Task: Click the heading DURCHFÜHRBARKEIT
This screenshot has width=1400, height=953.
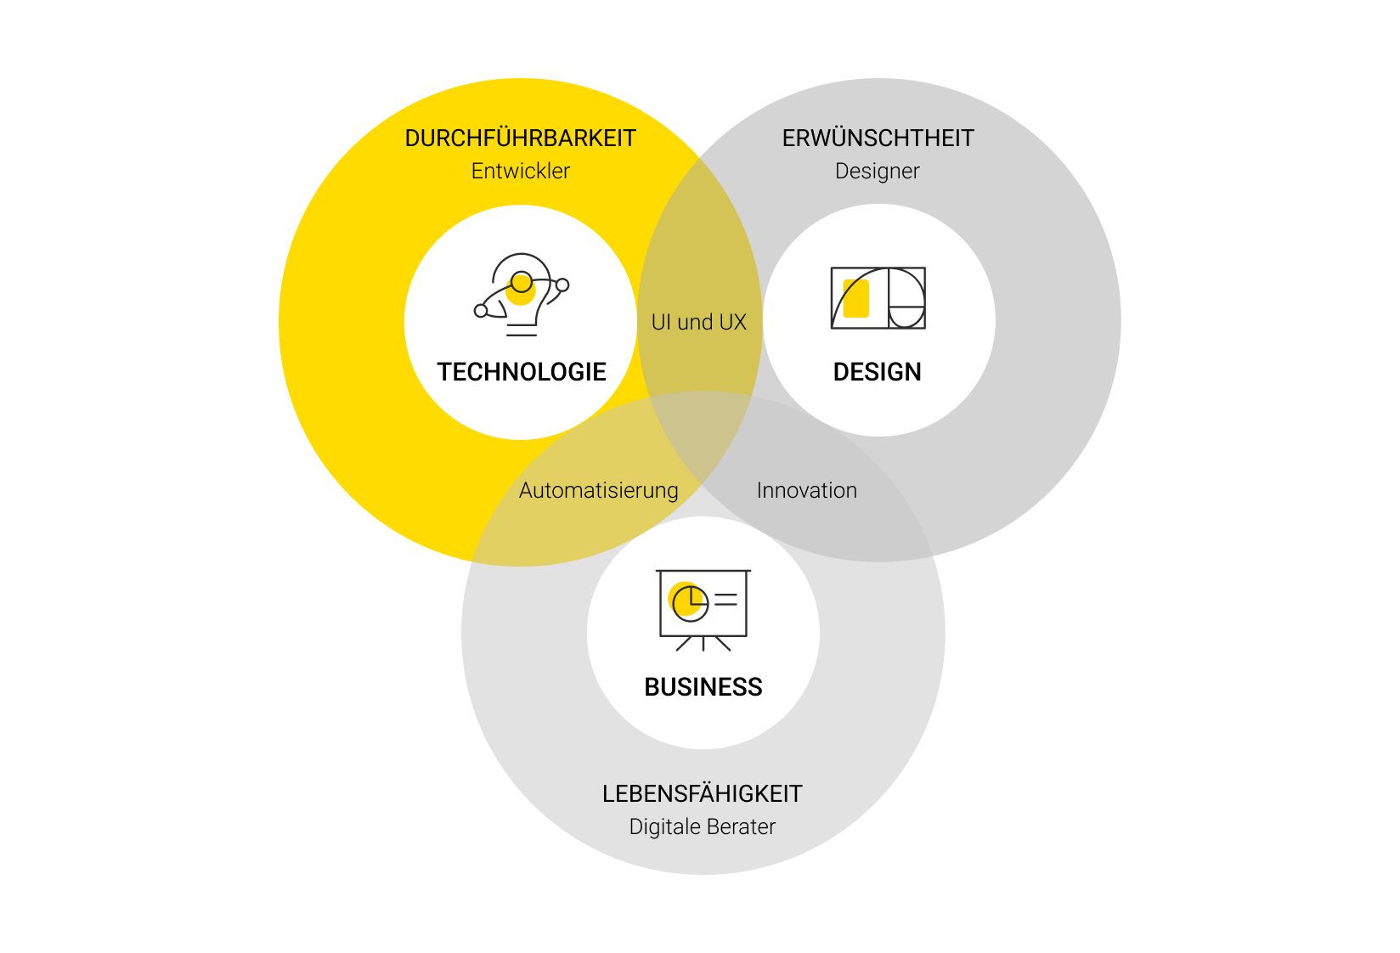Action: click(x=520, y=138)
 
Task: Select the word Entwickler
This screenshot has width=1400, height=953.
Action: click(x=520, y=172)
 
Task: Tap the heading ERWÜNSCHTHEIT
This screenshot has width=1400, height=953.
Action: click(x=878, y=138)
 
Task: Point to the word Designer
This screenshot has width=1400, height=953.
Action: click(x=877, y=172)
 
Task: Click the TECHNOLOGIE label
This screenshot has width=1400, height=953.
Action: click(x=522, y=372)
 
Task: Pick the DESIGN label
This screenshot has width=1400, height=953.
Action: click(x=877, y=372)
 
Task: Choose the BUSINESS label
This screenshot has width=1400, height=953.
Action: click(x=703, y=687)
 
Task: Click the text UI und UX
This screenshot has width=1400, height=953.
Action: click(x=698, y=323)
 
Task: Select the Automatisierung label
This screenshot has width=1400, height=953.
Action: click(x=599, y=491)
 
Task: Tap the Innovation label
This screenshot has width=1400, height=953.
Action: click(x=806, y=491)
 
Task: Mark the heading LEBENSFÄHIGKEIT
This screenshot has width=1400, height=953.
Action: click(x=702, y=794)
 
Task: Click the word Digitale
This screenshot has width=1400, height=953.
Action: click(x=659, y=827)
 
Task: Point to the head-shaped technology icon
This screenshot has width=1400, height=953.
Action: click(x=521, y=294)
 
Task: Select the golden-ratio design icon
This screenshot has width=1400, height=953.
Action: click(x=878, y=298)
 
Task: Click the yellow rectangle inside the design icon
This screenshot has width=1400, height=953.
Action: click(x=856, y=299)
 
